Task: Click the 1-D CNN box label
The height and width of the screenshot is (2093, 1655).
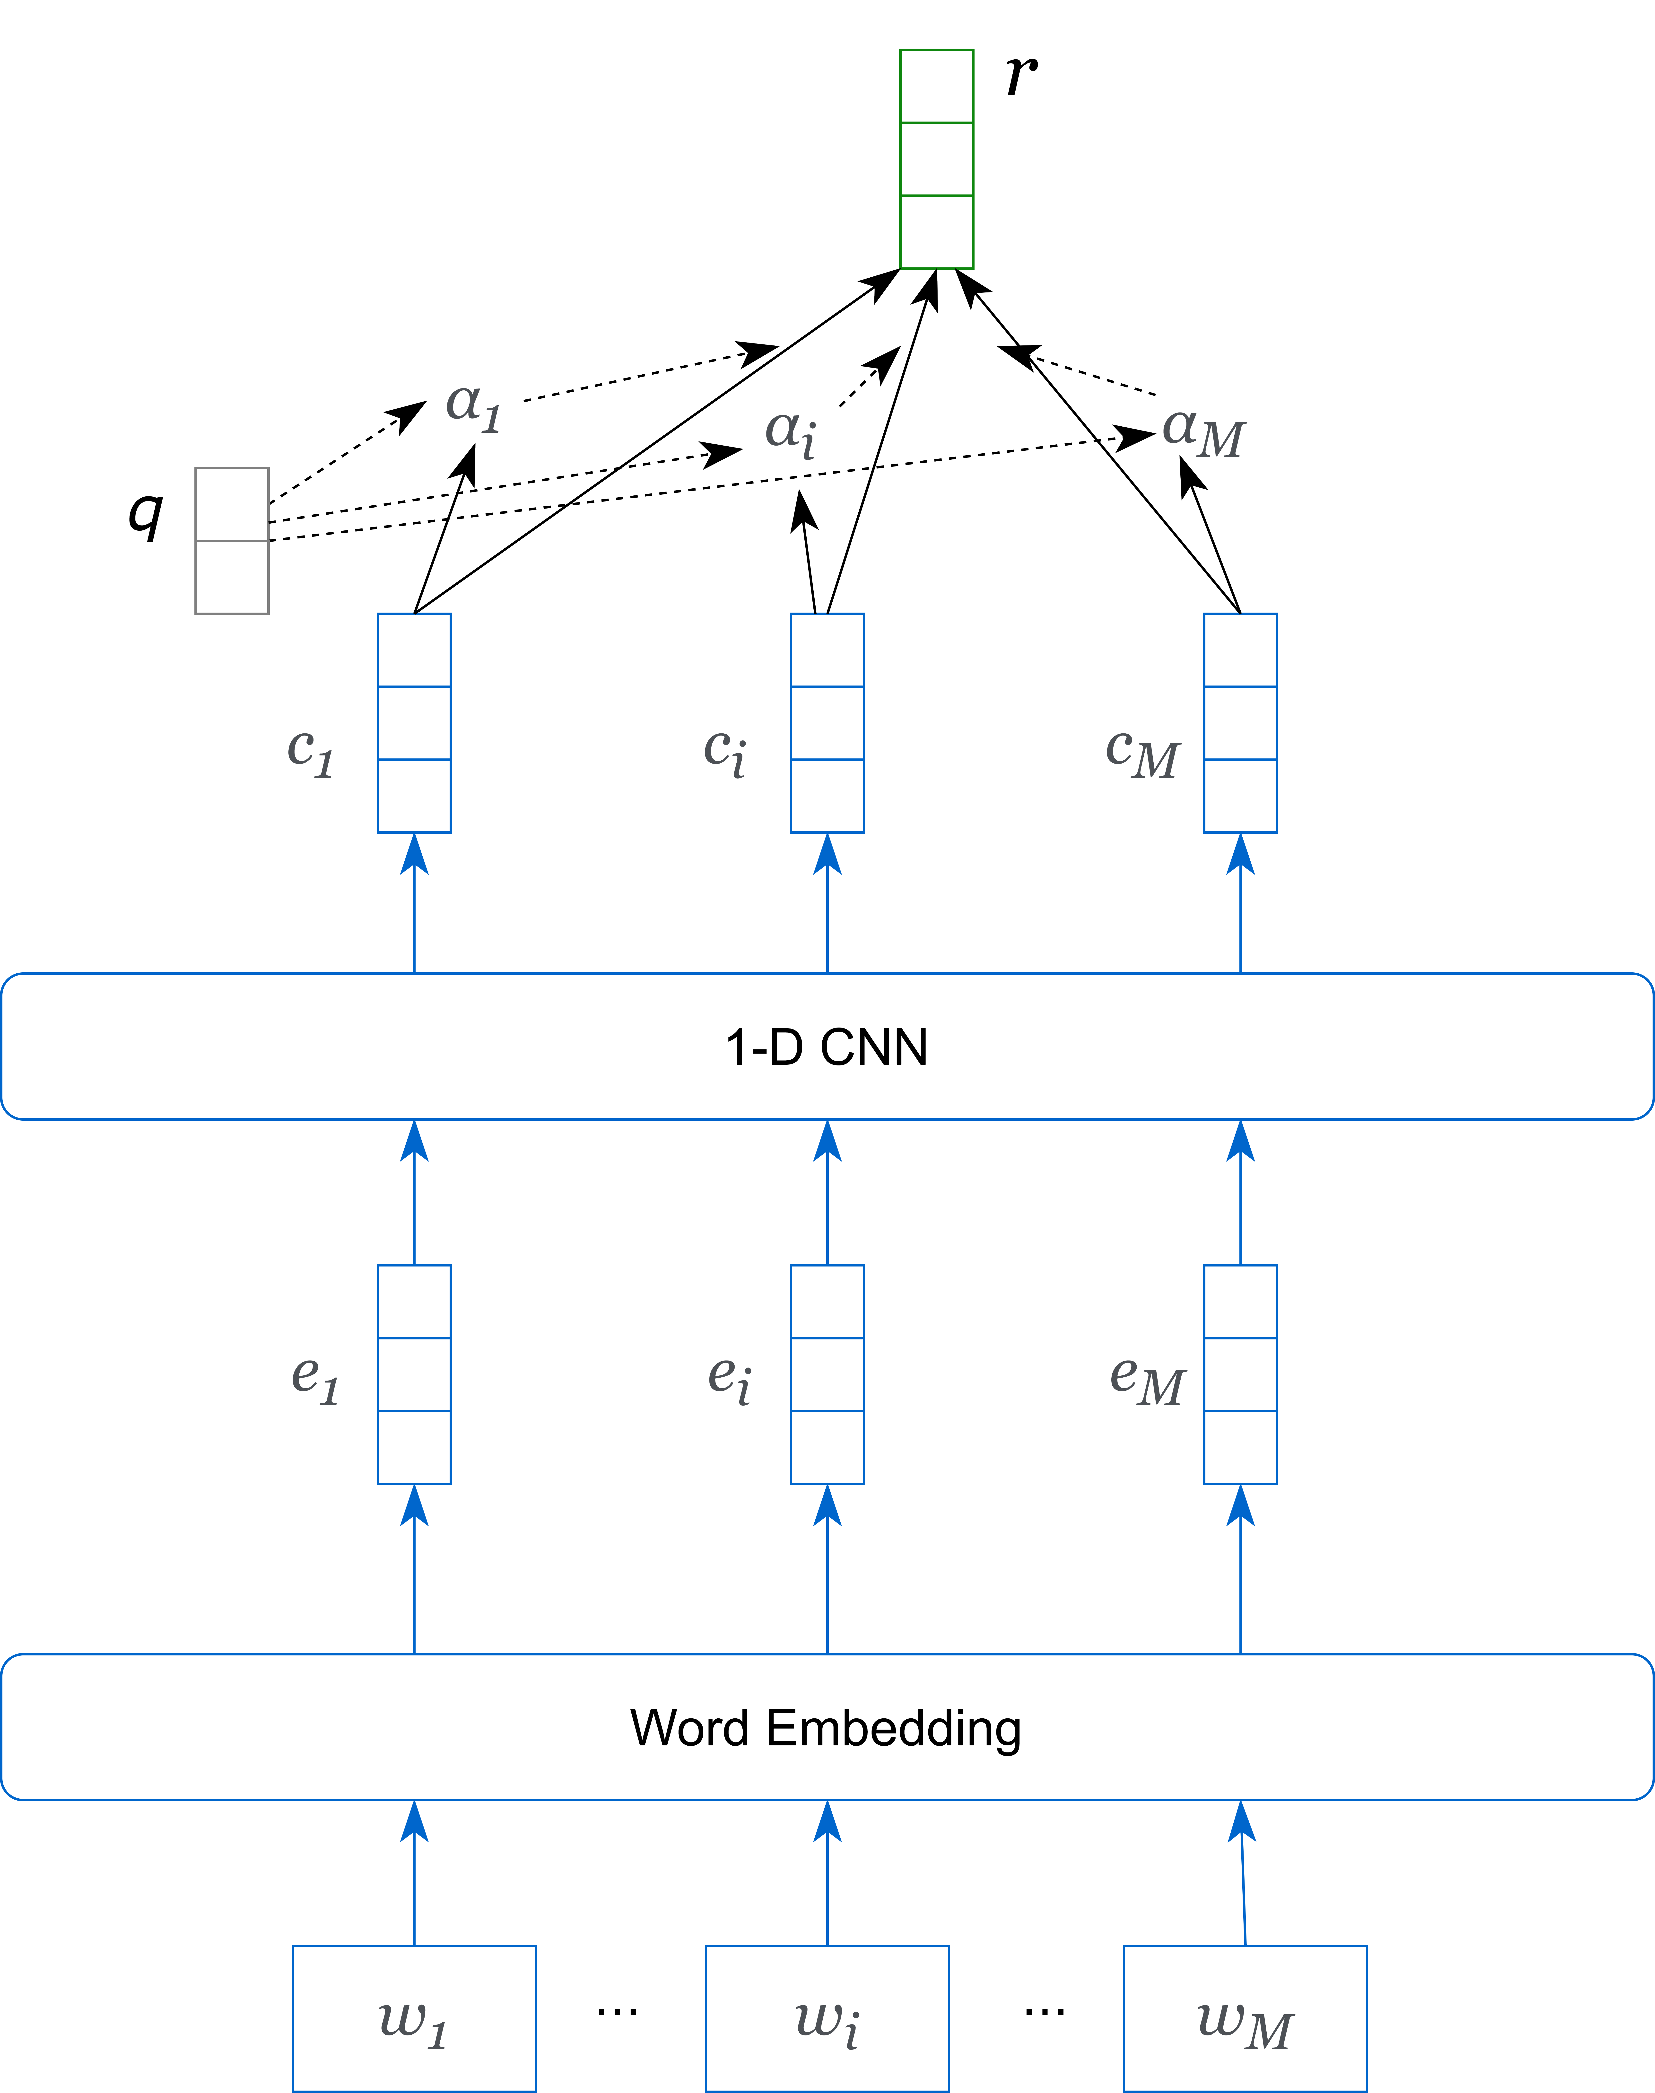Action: tap(827, 1047)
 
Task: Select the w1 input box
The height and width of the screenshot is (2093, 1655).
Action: tap(414, 2018)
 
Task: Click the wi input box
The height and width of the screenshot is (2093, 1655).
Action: tap(827, 2018)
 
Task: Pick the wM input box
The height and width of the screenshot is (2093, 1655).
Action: tap(1245, 2018)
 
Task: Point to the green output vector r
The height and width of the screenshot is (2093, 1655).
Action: tap(936, 159)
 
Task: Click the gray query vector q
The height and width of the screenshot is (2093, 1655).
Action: tap(232, 541)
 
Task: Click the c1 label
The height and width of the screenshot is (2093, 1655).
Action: tap(310, 751)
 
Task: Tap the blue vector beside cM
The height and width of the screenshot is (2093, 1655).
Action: tap(1240, 723)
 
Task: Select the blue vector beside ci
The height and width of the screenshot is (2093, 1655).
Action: tap(827, 723)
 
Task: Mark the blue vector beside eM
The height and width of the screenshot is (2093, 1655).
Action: tap(1240, 1374)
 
